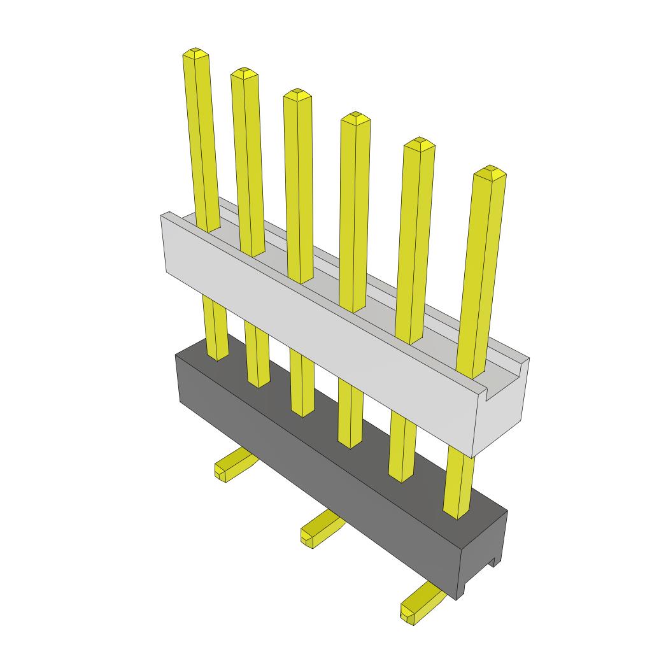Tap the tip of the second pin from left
(244, 71)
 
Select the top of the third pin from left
(297, 93)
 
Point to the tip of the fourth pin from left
(355, 117)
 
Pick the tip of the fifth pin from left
(419, 141)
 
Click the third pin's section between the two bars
(301, 382)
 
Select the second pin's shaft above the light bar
(248, 159)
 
